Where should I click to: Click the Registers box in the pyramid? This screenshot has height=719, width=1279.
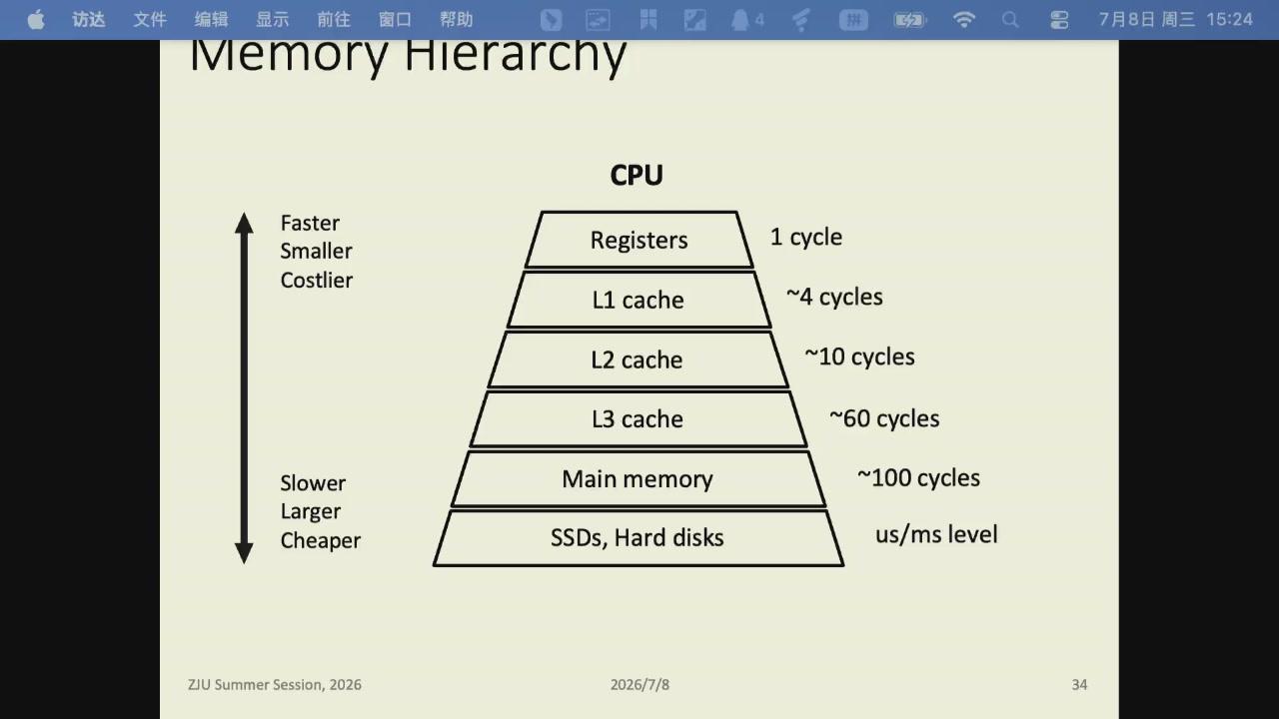pyautogui.click(x=639, y=240)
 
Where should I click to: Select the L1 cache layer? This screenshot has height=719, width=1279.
pyautogui.click(x=639, y=300)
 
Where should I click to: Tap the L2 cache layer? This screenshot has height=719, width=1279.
pyautogui.click(x=639, y=359)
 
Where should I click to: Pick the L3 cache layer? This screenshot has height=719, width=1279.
pyautogui.click(x=639, y=419)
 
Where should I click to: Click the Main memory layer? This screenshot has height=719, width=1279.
pyautogui.click(x=639, y=478)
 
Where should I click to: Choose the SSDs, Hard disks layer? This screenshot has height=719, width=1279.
pyautogui.click(x=639, y=538)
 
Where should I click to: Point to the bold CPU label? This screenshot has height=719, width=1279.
pyautogui.click(x=637, y=175)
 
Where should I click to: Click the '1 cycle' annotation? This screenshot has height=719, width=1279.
pyautogui.click(x=806, y=238)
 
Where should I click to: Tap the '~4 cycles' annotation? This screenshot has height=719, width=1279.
pyautogui.click(x=834, y=298)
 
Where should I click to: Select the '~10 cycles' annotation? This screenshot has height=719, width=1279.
pyautogui.click(x=859, y=358)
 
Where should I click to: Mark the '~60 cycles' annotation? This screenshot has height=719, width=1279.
pyautogui.click(x=884, y=418)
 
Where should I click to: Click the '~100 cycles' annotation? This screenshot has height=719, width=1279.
pyautogui.click(x=918, y=478)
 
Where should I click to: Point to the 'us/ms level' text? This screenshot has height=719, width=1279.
pyautogui.click(x=936, y=534)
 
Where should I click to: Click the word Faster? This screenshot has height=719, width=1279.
pyautogui.click(x=310, y=223)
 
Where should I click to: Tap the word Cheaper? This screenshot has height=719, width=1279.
pyautogui.click(x=321, y=541)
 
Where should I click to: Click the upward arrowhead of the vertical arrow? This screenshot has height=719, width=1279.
pyautogui.click(x=245, y=223)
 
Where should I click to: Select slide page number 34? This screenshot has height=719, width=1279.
pyautogui.click(x=1079, y=685)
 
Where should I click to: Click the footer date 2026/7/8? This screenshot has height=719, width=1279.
pyautogui.click(x=639, y=685)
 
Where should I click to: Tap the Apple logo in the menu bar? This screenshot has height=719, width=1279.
pyautogui.click(x=36, y=19)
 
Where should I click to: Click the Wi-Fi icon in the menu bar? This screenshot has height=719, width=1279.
pyautogui.click(x=964, y=20)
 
